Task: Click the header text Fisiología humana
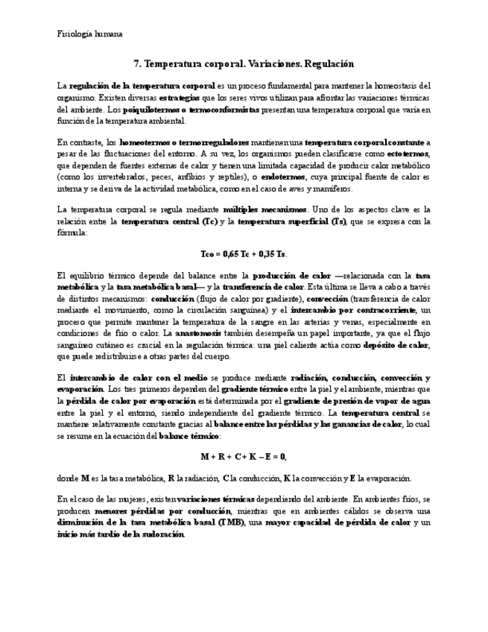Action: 90,34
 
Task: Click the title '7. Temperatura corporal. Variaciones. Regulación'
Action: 243,65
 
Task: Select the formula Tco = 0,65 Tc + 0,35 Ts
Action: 244,254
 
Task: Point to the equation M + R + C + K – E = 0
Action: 244,456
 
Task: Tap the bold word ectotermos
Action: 408,154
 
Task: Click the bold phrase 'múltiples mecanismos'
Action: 264,209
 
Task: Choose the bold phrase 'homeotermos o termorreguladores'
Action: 185,142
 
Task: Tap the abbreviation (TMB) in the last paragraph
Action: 232,523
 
